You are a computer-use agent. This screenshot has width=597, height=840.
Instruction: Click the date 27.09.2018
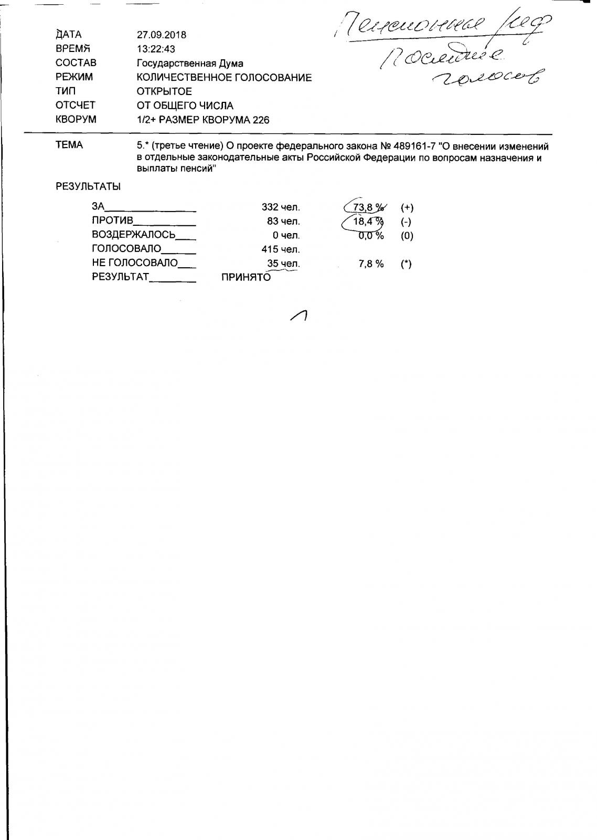click(161, 35)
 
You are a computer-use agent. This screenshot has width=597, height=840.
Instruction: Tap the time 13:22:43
click(156, 49)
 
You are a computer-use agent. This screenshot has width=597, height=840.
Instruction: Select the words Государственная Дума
click(190, 64)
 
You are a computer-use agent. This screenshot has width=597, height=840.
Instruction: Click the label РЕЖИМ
click(74, 77)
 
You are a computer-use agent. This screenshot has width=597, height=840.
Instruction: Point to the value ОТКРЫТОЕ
click(164, 91)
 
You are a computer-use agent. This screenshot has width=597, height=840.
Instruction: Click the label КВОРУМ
click(76, 119)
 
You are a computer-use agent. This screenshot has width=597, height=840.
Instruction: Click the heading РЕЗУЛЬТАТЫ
click(88, 186)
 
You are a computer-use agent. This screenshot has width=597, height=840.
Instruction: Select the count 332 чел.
click(281, 207)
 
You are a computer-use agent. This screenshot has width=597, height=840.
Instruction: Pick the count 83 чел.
click(283, 222)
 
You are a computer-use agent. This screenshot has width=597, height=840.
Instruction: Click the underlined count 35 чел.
click(283, 264)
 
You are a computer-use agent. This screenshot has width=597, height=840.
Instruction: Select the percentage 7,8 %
click(371, 264)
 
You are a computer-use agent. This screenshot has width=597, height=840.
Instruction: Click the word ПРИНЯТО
click(246, 278)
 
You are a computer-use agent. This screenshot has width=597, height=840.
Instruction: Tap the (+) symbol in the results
click(407, 207)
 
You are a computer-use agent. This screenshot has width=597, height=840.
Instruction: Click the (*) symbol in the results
click(406, 264)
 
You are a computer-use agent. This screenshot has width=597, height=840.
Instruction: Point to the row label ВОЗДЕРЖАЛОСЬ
click(133, 235)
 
